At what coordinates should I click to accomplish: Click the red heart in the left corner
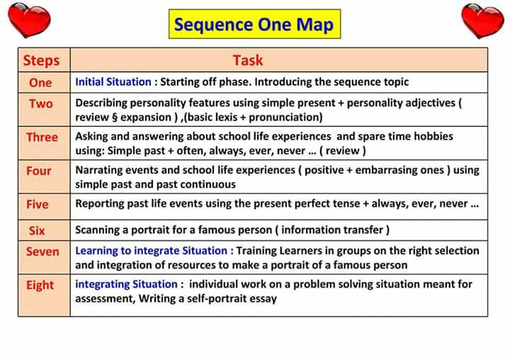tap(29, 20)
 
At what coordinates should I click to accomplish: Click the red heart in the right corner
tap(482, 21)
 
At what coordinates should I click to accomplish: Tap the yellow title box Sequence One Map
tap(254, 24)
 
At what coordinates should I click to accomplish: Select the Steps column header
tap(41, 60)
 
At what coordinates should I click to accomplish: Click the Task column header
tap(248, 60)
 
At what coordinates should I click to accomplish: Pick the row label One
tap(40, 83)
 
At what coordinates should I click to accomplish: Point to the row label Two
tap(41, 103)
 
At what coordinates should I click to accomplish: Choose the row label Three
tap(42, 137)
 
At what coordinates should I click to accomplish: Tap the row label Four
tap(39, 171)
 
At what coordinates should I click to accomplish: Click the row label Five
tap(38, 204)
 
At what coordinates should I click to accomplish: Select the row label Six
tap(37, 230)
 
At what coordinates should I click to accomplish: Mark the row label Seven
tap(42, 252)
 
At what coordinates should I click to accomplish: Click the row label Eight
tap(40, 285)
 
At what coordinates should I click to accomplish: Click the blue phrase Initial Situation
tap(113, 81)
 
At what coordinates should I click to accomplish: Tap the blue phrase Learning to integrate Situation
tap(152, 251)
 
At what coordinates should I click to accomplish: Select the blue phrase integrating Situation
tap(126, 284)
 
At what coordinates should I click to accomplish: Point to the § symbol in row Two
tap(115, 117)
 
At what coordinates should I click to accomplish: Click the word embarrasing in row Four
tap(399, 170)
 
